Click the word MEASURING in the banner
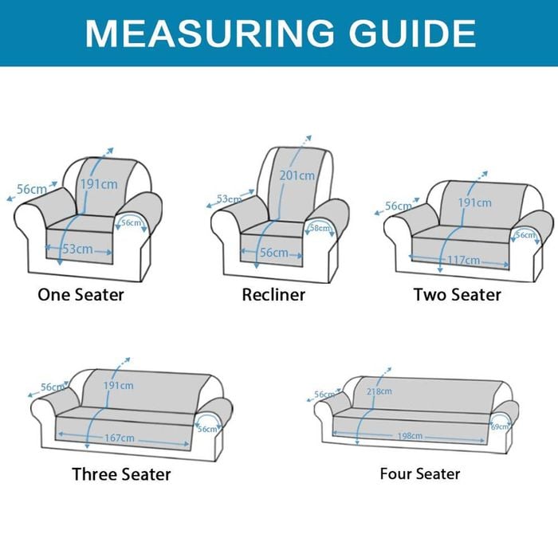tap(210, 33)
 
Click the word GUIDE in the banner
tap(412, 33)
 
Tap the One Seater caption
tap(81, 295)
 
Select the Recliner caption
tap(273, 295)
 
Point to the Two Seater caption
tap(458, 295)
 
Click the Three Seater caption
tap(121, 474)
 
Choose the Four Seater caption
tap(420, 474)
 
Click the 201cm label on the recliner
tap(297, 175)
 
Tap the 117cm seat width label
tap(463, 260)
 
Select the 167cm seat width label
tap(120, 438)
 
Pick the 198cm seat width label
tap(410, 435)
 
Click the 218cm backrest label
tap(379, 391)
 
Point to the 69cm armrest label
tap(500, 426)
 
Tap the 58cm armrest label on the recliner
tap(320, 228)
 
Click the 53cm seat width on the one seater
tap(78, 249)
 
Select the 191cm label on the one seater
tap(99, 184)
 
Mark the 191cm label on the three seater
tap(119, 385)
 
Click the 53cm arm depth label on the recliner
tap(230, 199)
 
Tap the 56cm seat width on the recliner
tap(274, 253)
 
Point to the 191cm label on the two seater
tap(475, 202)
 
